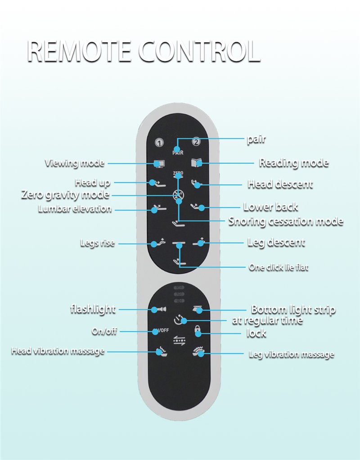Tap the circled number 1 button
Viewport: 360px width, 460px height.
pos(158,143)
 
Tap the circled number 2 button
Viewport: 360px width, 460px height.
pos(196,142)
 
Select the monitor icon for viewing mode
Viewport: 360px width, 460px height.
pos(158,164)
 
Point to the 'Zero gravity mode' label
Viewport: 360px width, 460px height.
pos(65,195)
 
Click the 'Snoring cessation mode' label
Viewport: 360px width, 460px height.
pos(285,221)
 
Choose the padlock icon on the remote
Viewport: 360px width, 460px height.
pos(197,332)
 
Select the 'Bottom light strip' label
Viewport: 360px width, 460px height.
pos(293,310)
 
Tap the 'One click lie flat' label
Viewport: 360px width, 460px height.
pos(279,267)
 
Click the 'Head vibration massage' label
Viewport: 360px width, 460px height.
pos(58,351)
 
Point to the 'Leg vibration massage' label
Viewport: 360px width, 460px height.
pos(291,355)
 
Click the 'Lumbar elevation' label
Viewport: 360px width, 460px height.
pos(75,209)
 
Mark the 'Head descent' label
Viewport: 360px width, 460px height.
pos(280,185)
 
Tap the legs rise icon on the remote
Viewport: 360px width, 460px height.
pos(157,243)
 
